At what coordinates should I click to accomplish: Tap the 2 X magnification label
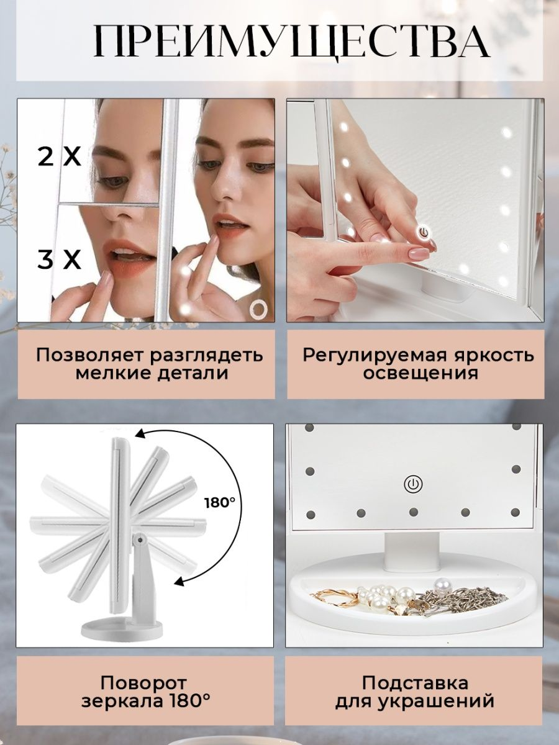(x=60, y=157)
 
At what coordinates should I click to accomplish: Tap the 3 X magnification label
(x=60, y=260)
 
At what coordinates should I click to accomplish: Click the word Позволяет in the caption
(x=91, y=356)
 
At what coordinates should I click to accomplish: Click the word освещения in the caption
(x=421, y=373)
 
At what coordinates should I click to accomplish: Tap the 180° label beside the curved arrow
(x=220, y=503)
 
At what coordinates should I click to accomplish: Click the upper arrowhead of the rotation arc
(x=140, y=435)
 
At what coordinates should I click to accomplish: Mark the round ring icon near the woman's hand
(x=257, y=309)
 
